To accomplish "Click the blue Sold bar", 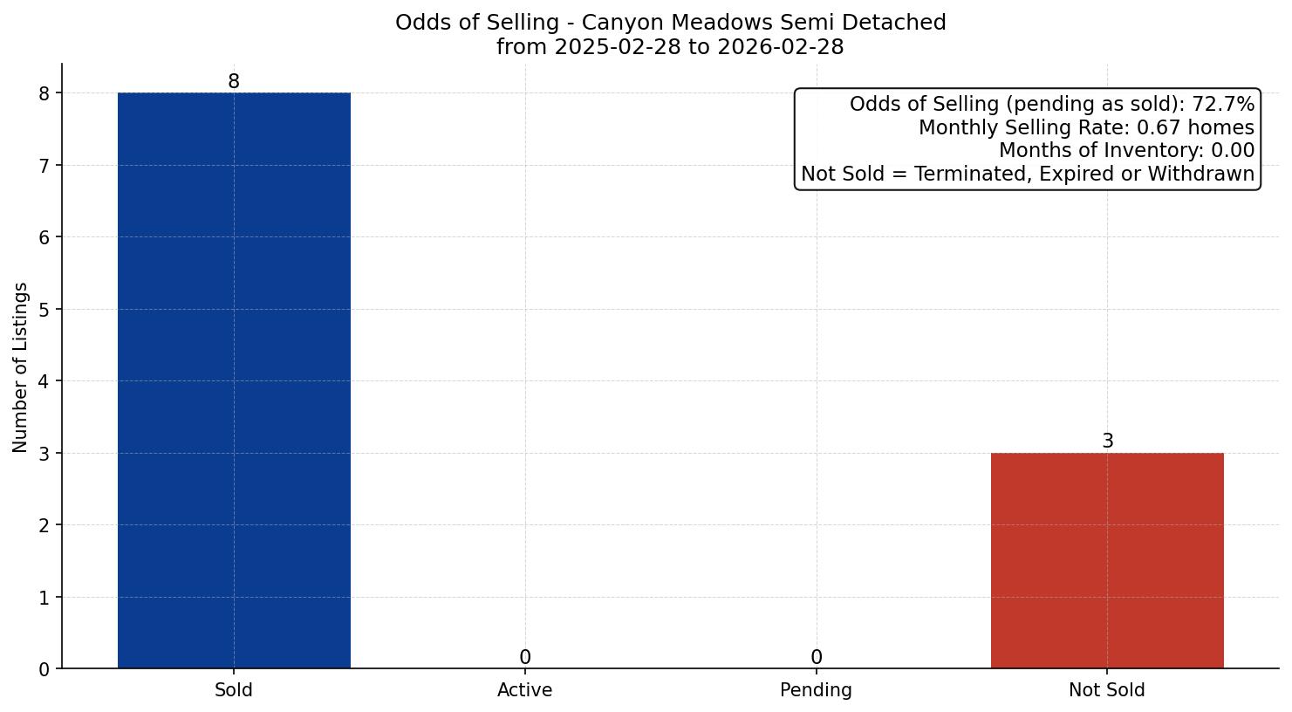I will click(234, 380).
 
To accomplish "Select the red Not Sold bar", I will click(1107, 560).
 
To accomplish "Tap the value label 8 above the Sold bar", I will click(234, 82).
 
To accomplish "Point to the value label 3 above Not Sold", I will click(1107, 442).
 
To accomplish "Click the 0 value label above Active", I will click(525, 658).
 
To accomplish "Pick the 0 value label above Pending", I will click(816, 658).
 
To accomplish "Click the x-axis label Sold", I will click(234, 690).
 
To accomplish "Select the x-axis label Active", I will click(525, 690).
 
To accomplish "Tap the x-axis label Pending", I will click(816, 690).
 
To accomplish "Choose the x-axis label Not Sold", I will click(1107, 690).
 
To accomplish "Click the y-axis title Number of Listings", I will click(21, 367).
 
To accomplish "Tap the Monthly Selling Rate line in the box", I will click(1086, 128).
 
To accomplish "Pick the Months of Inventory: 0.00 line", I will click(1126, 151).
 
